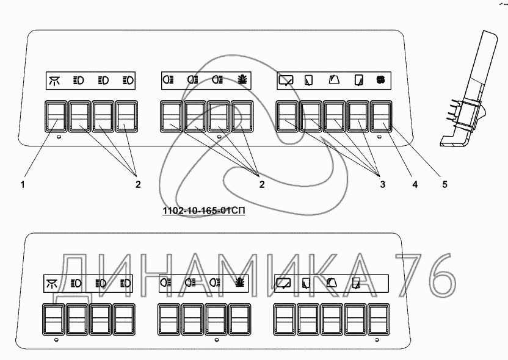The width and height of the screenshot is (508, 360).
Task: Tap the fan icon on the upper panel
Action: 381,79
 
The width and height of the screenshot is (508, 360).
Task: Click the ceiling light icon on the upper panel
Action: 56,80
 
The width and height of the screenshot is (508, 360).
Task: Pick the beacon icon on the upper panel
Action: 241,79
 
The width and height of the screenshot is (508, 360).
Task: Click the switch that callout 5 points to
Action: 381,116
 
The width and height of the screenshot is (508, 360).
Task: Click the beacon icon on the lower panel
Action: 239,282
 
